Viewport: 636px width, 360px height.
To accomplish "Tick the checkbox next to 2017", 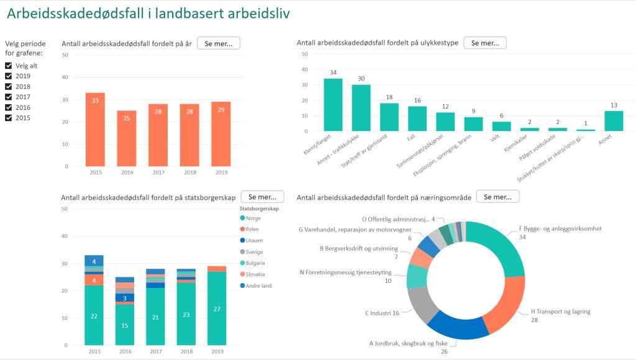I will pyautogui.click(x=9, y=97).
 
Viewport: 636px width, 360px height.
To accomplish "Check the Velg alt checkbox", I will pyautogui.click(x=9, y=66).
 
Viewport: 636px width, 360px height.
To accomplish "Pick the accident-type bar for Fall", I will pyautogui.click(x=417, y=119).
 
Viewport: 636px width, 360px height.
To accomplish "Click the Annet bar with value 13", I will pyautogui.click(x=614, y=120).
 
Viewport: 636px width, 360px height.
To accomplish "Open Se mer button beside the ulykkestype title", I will pyautogui.click(x=485, y=43).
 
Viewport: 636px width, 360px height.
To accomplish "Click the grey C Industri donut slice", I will pyautogui.click(x=422, y=304).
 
